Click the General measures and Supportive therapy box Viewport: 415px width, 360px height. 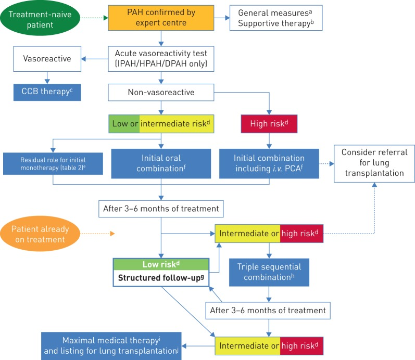point(272,19)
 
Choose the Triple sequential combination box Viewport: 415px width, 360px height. point(269,273)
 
